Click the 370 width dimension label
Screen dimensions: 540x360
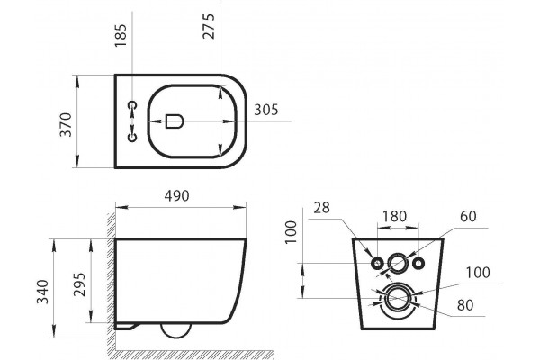[66, 125]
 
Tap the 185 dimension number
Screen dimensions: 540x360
[121, 35]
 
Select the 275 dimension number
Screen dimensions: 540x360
[209, 26]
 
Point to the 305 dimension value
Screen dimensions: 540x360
[265, 110]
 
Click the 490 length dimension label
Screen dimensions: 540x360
[176, 195]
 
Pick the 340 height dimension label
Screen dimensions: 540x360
[42, 292]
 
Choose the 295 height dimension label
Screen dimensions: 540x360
[79, 284]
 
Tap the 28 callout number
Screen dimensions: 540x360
[321, 208]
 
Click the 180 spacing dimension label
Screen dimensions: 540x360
[395, 216]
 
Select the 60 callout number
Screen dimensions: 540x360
[468, 216]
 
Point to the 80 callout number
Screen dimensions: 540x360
[465, 305]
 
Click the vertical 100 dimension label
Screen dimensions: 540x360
[292, 232]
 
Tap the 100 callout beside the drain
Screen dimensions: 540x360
[478, 273]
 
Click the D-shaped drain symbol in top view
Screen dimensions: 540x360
[174, 121]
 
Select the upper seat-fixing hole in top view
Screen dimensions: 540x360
[132, 104]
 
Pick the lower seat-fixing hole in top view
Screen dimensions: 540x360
[132, 138]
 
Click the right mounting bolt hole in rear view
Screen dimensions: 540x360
[418, 264]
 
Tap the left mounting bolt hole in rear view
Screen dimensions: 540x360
[377, 264]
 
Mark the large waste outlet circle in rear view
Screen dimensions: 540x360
[398, 298]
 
